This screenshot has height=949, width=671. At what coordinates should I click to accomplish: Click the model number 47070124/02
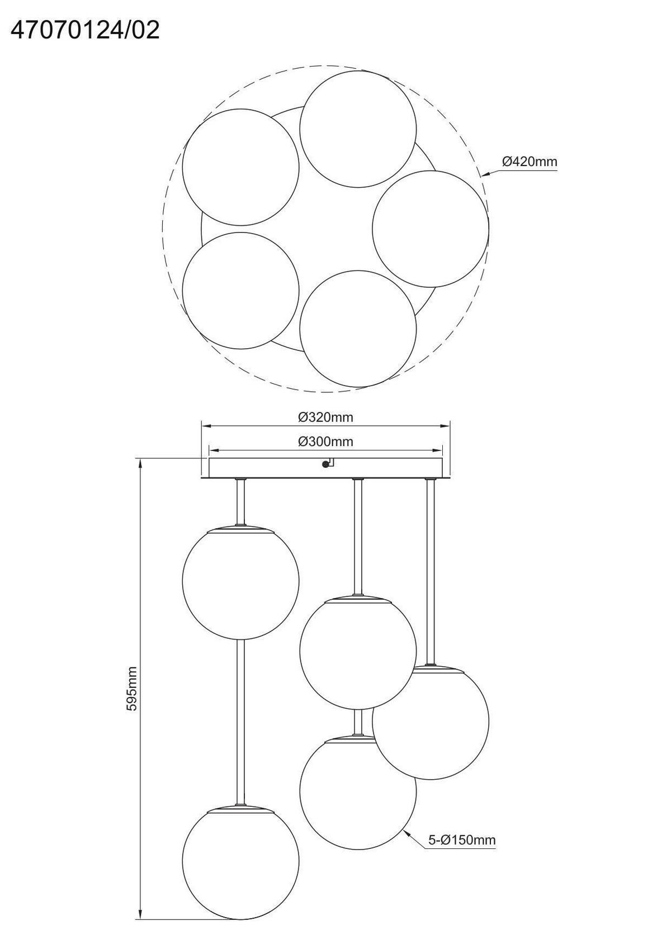(x=85, y=31)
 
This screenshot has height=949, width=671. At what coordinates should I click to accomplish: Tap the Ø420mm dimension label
(x=530, y=162)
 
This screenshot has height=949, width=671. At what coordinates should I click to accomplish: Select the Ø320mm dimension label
(x=325, y=417)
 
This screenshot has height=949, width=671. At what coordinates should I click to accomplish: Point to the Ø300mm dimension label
(x=325, y=442)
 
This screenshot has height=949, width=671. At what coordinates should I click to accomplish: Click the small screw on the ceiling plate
(x=325, y=464)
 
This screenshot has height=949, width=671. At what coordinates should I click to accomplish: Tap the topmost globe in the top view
(x=358, y=129)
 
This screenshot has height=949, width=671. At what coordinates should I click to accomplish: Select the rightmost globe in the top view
(x=431, y=229)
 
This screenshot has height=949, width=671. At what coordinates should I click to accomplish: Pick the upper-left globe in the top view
(x=241, y=167)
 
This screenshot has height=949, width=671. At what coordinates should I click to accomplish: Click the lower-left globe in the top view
(x=241, y=291)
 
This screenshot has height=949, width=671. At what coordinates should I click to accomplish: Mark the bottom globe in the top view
(x=358, y=329)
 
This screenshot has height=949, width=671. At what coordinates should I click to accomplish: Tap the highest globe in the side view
(x=241, y=581)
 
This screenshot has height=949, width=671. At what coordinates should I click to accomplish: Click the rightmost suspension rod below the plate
(x=431, y=572)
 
